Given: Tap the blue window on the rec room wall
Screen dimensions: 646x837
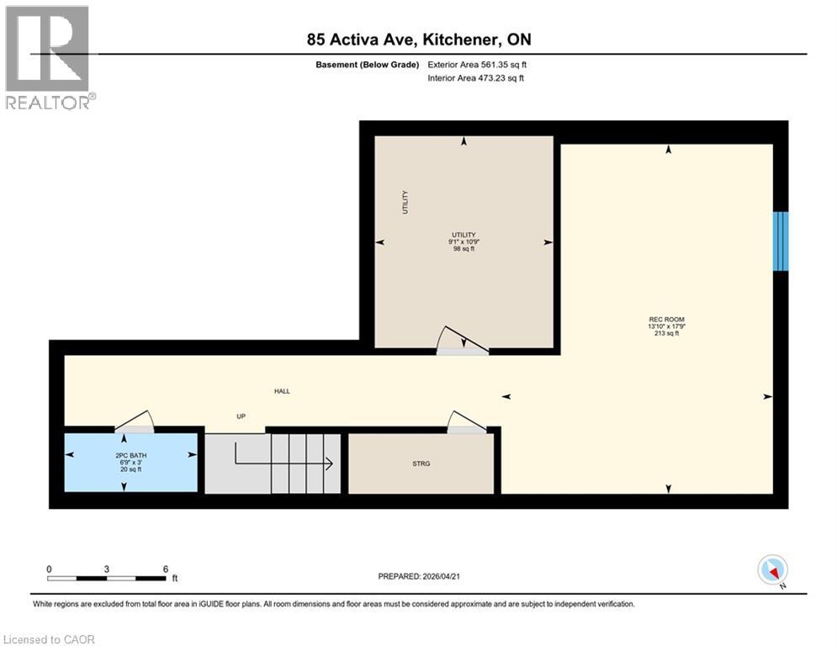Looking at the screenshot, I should point(781,241).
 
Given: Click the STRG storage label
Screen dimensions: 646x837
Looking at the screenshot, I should point(421,463).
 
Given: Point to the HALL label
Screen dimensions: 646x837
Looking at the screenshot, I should point(282,391).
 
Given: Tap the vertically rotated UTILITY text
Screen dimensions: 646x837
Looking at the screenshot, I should point(405,202).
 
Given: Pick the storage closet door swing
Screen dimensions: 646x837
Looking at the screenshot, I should point(465,421).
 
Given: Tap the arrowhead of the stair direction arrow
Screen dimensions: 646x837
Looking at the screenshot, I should point(329,463).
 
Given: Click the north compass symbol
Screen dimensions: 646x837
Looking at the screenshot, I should point(771,570).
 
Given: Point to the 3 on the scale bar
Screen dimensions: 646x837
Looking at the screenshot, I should point(107,569).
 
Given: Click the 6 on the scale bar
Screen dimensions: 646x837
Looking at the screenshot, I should point(166,569).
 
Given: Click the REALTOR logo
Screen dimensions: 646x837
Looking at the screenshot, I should point(49,57).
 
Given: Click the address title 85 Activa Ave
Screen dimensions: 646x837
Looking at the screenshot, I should point(418,40).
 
